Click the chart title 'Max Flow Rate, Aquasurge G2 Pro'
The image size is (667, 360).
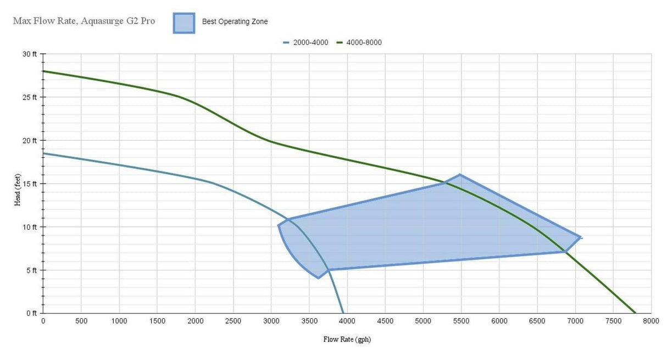tap(84, 21)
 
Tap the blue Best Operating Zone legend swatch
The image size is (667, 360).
tap(184, 23)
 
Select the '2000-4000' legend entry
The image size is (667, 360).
tap(306, 42)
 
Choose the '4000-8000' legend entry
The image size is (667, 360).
tap(359, 42)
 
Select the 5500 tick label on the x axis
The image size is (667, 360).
tap(461, 320)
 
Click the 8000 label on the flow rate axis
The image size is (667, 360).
tap(651, 320)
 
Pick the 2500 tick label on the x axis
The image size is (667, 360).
tap(233, 320)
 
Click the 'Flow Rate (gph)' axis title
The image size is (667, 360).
tap(347, 339)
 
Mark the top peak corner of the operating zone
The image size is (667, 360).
tap(459, 175)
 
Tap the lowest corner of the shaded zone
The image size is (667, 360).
tap(318, 278)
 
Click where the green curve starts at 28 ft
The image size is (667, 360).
tap(43, 71)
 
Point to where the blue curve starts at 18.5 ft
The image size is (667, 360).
tap(43, 153)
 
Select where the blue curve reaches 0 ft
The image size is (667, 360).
tap(343, 313)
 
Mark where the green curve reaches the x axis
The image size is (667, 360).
tap(635, 313)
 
